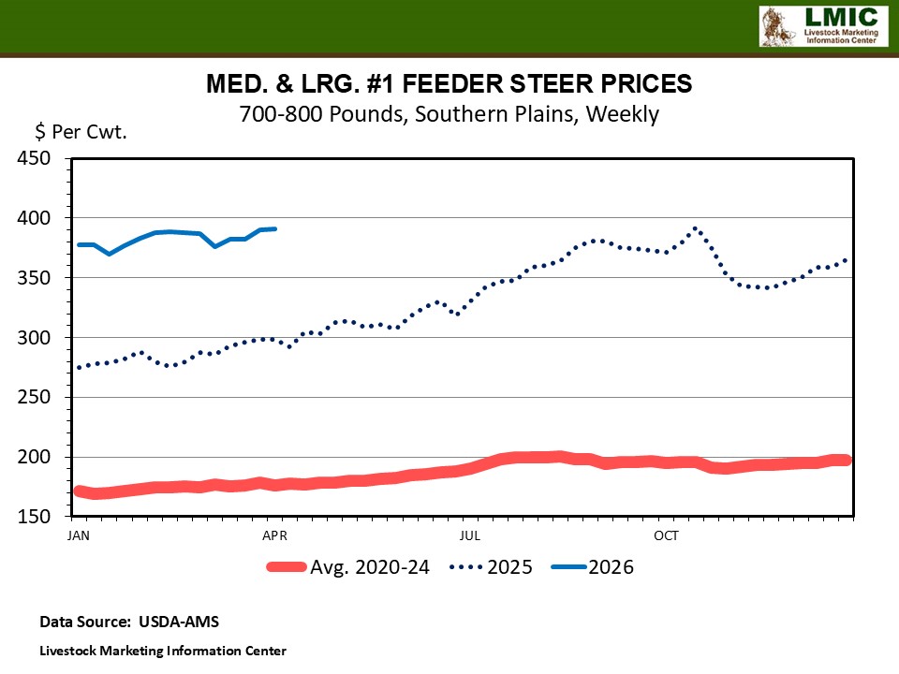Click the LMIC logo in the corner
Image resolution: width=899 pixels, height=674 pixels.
(x=822, y=26)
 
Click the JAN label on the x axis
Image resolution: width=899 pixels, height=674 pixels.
(x=79, y=535)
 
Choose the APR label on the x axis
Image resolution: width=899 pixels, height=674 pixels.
(x=274, y=535)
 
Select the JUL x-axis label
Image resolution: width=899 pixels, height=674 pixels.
(x=470, y=535)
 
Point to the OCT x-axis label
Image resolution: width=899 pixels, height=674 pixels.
(x=666, y=535)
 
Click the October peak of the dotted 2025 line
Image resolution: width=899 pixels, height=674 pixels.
(x=695, y=227)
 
